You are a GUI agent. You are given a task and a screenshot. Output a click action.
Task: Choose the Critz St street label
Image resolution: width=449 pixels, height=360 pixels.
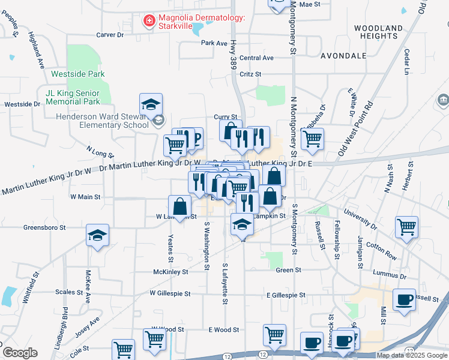[250, 74]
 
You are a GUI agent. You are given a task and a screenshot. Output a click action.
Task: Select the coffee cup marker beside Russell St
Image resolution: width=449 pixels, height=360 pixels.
[404, 299]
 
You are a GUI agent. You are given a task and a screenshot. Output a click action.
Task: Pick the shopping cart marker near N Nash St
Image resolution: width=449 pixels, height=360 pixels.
[406, 227]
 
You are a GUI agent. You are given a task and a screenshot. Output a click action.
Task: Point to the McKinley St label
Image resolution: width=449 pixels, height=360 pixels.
[170, 272]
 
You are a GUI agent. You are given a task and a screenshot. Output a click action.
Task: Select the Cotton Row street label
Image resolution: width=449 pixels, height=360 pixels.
[381, 250]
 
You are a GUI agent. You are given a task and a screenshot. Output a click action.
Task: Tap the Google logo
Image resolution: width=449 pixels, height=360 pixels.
[20, 353]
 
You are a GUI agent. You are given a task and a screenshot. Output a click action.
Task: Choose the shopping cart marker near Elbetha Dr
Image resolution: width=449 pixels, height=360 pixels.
[312, 139]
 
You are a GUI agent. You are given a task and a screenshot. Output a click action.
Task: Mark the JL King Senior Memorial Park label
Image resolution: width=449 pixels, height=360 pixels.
[73, 98]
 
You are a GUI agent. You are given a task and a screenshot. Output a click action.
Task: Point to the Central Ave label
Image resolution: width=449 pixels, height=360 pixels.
[256, 58]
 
